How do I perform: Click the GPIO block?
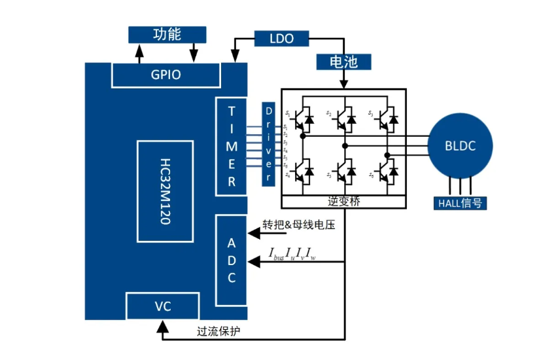click(x=165, y=75)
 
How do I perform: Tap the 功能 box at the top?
click(x=167, y=34)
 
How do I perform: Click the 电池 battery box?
click(x=343, y=62)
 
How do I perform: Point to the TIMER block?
click(x=232, y=145)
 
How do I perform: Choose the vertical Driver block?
click(x=267, y=144)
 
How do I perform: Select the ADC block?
click(x=232, y=260)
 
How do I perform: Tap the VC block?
click(x=162, y=306)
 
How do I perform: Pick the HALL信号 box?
click(x=461, y=203)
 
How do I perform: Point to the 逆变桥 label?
click(x=343, y=202)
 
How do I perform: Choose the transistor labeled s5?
click(x=344, y=171)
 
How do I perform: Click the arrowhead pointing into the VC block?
click(x=162, y=325)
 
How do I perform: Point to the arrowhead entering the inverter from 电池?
click(x=343, y=84)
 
